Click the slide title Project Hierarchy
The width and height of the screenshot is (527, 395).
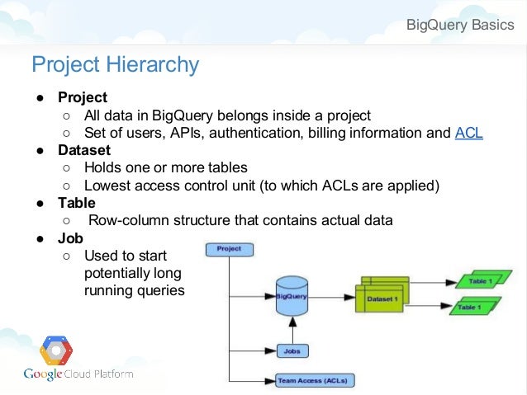click(115, 64)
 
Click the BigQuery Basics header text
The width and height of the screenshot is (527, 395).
click(459, 24)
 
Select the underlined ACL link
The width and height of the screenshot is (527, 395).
click(468, 133)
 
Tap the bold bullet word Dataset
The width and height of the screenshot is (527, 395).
click(83, 150)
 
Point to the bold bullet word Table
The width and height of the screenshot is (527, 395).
click(76, 202)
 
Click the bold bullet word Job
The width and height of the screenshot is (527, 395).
click(70, 237)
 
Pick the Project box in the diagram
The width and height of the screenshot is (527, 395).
click(229, 248)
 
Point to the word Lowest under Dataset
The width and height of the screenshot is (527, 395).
click(109, 186)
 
